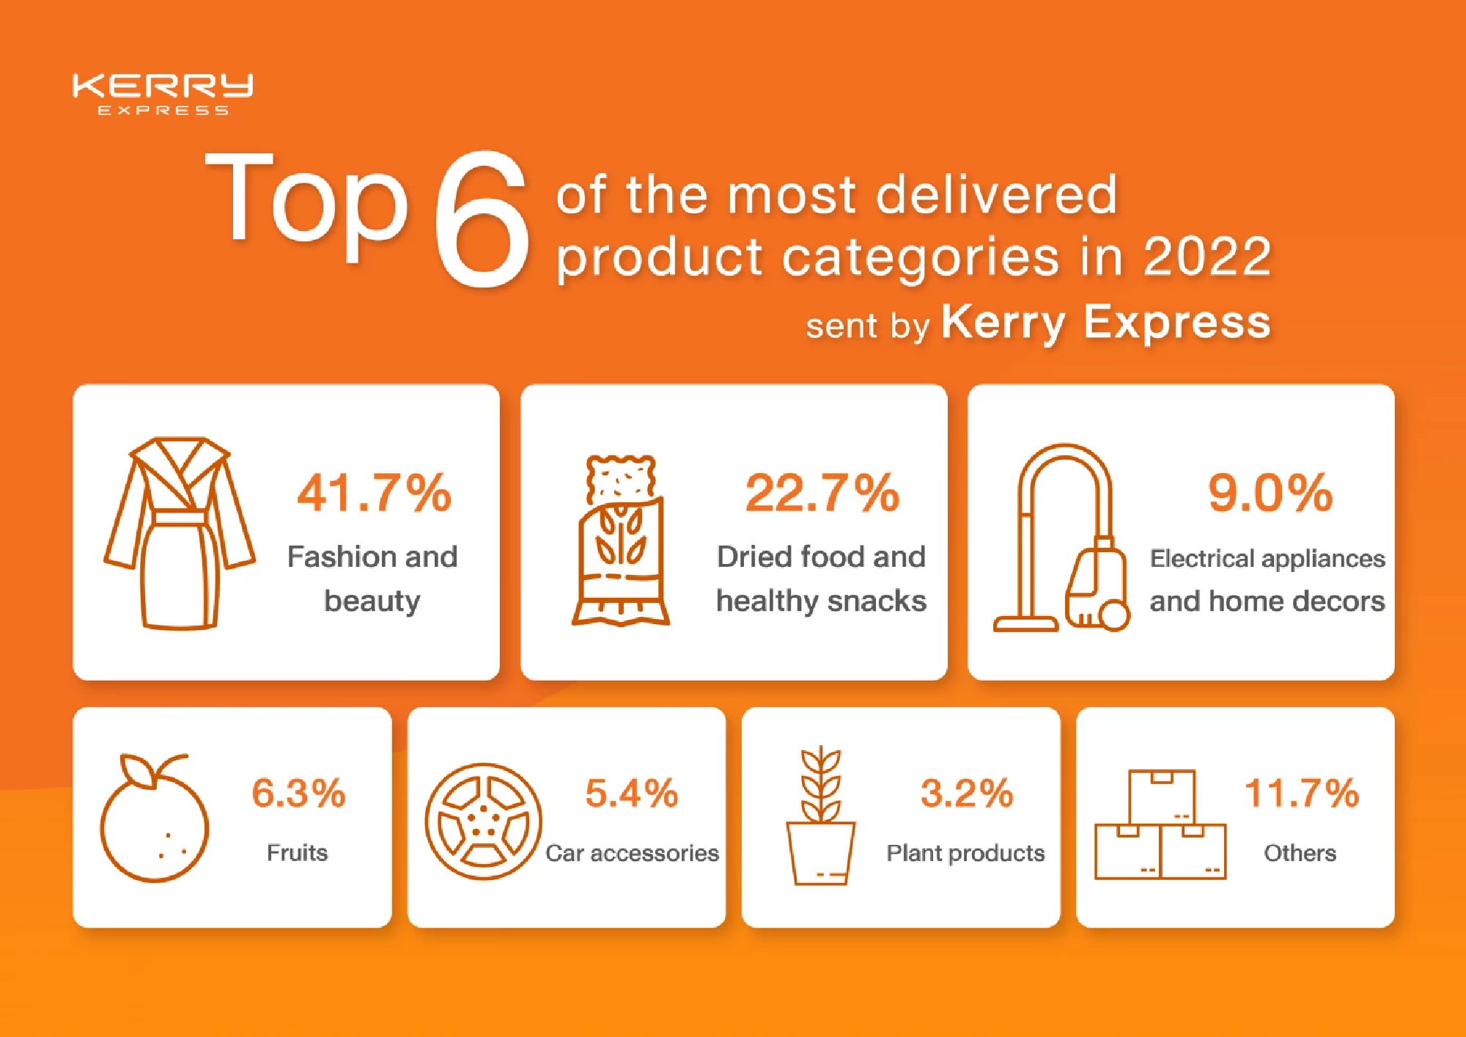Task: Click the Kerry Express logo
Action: pyautogui.click(x=163, y=93)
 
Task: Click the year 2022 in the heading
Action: pyautogui.click(x=1207, y=257)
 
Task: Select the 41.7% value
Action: pyautogui.click(x=374, y=493)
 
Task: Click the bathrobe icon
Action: pyautogui.click(x=180, y=534)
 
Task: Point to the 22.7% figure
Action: pyautogui.click(x=822, y=493)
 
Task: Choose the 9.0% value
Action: pyautogui.click(x=1270, y=493)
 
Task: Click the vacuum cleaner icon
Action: pyautogui.click(x=1061, y=539)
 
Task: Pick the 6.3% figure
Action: pyautogui.click(x=298, y=794)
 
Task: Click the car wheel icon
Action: pyautogui.click(x=483, y=821)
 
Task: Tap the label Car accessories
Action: pyautogui.click(x=632, y=853)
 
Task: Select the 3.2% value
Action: pyautogui.click(x=966, y=794)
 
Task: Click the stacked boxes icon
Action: pyautogui.click(x=1160, y=825)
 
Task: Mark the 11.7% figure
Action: pyautogui.click(x=1301, y=794)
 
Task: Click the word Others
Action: pyautogui.click(x=1300, y=853)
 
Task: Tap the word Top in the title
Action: pyautogui.click(x=306, y=202)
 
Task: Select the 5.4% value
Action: pyautogui.click(x=632, y=794)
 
